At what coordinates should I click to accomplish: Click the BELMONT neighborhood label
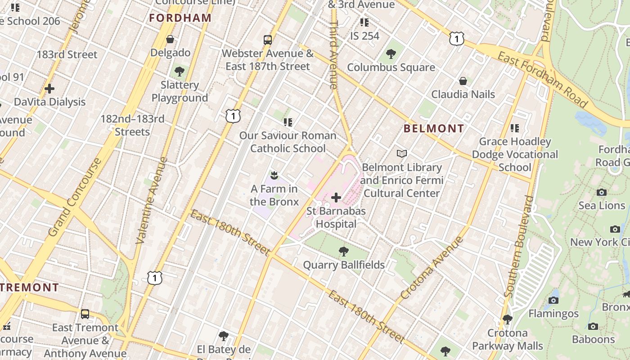tap(433, 129)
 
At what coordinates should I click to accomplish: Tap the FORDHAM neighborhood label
tap(180, 18)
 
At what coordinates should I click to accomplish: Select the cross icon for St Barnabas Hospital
tap(336, 197)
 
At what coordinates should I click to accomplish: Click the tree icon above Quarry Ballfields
tap(344, 251)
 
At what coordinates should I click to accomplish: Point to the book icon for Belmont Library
tap(402, 154)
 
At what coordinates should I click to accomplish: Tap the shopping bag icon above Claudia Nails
tap(463, 81)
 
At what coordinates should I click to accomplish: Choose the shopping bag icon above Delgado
tap(170, 40)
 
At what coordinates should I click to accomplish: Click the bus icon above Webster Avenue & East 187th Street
tap(268, 40)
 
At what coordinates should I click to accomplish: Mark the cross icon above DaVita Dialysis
tap(49, 89)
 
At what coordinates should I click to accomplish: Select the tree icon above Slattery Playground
tap(180, 71)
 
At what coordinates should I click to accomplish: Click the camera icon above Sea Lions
tap(602, 193)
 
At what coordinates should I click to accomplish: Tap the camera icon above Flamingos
tap(553, 300)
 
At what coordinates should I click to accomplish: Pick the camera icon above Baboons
tap(593, 326)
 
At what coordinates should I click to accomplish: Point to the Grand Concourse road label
tap(75, 197)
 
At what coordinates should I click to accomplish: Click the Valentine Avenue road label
tap(151, 200)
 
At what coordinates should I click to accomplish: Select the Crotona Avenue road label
tap(432, 268)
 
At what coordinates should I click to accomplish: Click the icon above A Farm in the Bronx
tap(274, 175)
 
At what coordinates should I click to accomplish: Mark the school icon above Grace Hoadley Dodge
tap(515, 128)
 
